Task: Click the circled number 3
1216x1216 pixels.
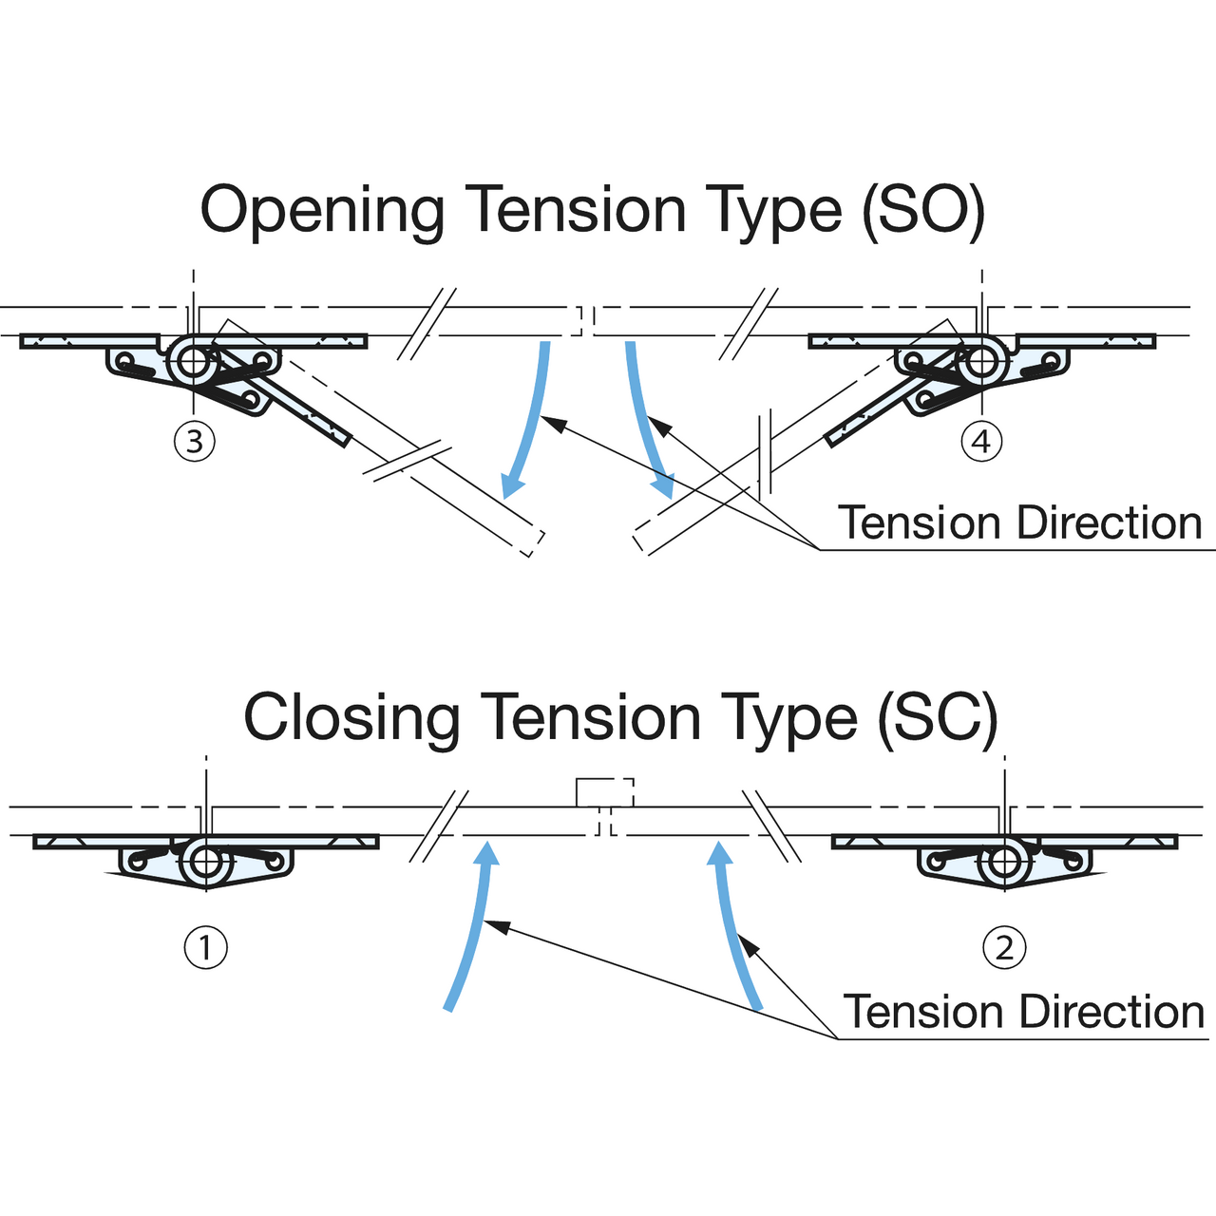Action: pyautogui.click(x=195, y=442)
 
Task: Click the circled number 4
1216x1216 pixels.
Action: pyautogui.click(x=981, y=442)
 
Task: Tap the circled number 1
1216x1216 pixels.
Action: pyautogui.click(x=206, y=947)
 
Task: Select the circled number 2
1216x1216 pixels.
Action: pyautogui.click(x=1004, y=947)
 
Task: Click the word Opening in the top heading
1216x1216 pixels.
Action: pyautogui.click(x=323, y=212)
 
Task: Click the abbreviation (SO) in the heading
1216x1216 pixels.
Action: pyautogui.click(x=923, y=212)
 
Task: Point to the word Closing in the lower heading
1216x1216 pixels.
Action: pyautogui.click(x=352, y=719)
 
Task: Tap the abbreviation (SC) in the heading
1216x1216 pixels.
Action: pyautogui.click(x=938, y=719)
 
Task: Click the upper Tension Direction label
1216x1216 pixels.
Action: pyautogui.click(x=1020, y=522)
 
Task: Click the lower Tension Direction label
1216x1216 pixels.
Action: pyautogui.click(x=1024, y=1012)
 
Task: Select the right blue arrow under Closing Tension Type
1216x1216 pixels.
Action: pyautogui.click(x=732, y=926)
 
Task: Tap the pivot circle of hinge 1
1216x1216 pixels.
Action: pyautogui.click(x=206, y=863)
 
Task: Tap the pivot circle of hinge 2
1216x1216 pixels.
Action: pyautogui.click(x=1004, y=863)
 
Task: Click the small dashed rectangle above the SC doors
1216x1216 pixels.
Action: pyautogui.click(x=604, y=792)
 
